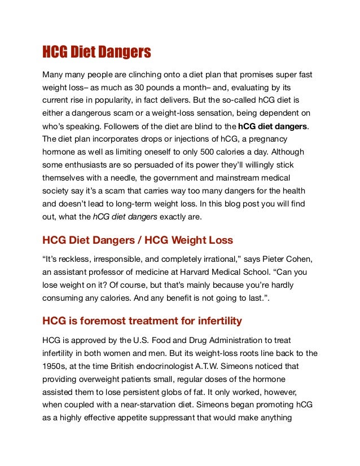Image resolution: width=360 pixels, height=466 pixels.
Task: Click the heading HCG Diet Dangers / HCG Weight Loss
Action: click(x=137, y=240)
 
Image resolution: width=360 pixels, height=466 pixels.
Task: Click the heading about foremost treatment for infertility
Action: click(x=142, y=321)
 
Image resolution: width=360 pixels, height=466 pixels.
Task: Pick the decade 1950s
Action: click(x=55, y=367)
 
